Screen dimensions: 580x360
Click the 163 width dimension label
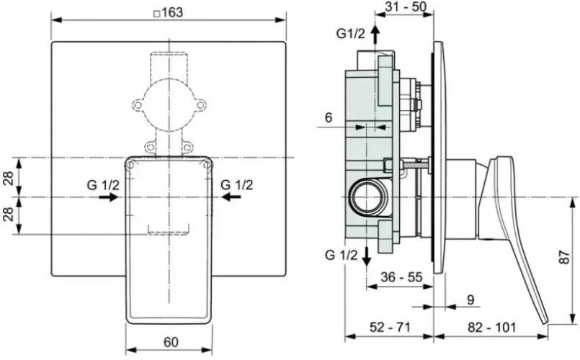[172, 12]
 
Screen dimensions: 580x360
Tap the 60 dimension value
[171, 342]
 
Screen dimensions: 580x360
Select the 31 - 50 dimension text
[406, 6]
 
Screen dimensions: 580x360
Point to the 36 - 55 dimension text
[402, 276]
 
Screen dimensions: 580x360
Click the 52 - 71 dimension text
[390, 327]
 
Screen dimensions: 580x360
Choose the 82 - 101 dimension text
[491, 327]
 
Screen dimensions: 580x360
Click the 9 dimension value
[470, 300]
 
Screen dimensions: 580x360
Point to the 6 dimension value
[329, 117]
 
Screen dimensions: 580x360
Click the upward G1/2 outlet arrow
[375, 34]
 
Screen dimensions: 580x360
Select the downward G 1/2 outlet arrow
[366, 256]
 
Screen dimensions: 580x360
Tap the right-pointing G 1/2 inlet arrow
[108, 197]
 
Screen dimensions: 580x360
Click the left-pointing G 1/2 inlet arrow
[231, 197]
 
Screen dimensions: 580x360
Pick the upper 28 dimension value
[10, 178]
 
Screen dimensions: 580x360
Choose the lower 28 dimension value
[10, 215]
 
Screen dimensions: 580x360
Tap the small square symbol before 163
[157, 14]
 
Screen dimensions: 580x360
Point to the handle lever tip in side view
[545, 323]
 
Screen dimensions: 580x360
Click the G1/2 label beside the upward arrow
[350, 34]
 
